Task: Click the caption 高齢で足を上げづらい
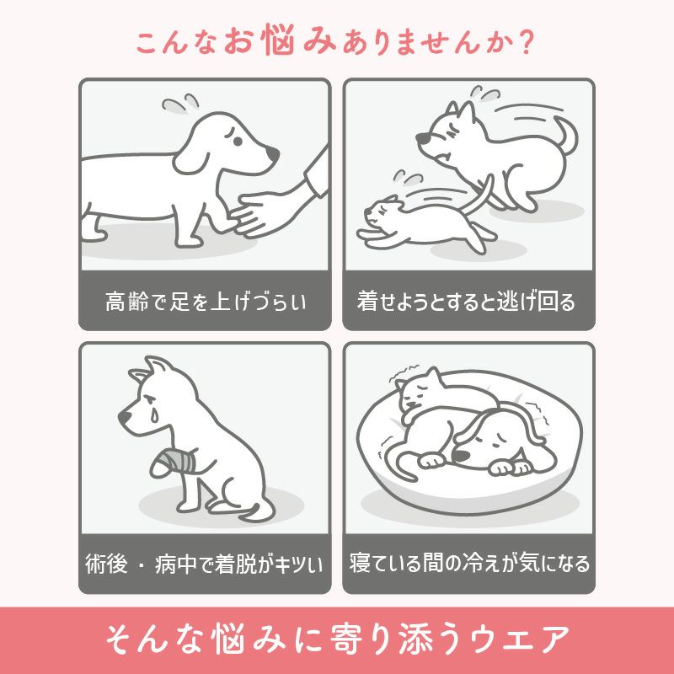[x=205, y=301]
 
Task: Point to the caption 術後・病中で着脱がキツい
[x=205, y=563]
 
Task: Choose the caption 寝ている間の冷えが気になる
[x=469, y=563]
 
